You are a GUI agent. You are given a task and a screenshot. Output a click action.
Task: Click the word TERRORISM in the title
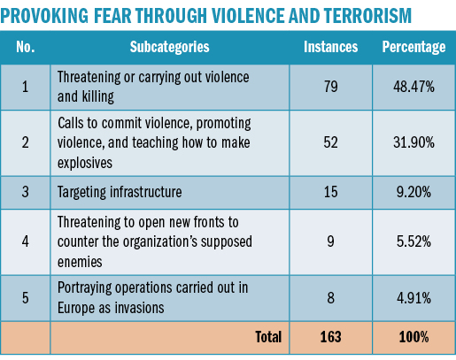point(367,16)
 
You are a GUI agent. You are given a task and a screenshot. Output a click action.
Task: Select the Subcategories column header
point(170,47)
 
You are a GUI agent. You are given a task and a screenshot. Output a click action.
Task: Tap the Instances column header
point(330,47)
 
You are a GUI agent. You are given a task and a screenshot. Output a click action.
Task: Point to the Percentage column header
point(413,47)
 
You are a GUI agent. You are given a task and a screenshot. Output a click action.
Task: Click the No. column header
point(26,47)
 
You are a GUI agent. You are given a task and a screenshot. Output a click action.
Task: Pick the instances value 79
point(330,87)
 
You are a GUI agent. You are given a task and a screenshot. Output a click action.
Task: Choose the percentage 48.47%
point(413,87)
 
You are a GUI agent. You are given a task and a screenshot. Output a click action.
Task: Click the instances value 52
point(330,142)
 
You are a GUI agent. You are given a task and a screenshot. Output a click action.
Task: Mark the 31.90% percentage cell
point(413,142)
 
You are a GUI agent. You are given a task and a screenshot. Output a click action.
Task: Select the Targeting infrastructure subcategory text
point(120,192)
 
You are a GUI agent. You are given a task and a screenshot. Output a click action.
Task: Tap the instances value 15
point(330,192)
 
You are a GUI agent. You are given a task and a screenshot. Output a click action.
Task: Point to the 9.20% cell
point(413,192)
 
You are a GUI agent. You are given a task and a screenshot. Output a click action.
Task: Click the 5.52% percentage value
point(413,241)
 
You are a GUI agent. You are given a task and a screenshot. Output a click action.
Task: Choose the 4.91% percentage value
point(413,298)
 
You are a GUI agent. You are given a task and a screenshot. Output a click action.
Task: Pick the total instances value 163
point(330,337)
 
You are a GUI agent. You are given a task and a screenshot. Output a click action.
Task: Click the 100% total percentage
point(413,337)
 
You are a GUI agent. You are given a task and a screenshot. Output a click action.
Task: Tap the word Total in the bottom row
point(268,337)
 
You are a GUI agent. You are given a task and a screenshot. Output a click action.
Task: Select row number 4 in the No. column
point(26,241)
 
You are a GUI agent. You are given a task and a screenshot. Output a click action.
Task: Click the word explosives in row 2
point(85,163)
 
